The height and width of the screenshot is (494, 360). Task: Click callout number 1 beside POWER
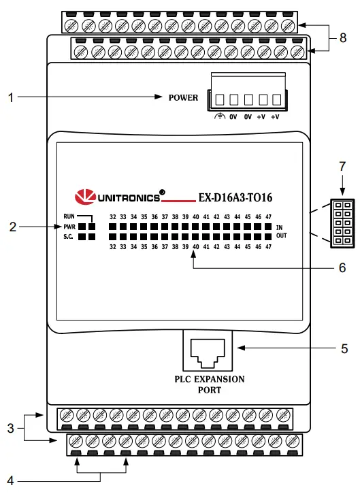pos(10,97)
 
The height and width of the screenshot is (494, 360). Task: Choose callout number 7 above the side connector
pos(342,166)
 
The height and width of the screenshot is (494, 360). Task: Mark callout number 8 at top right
pos(344,38)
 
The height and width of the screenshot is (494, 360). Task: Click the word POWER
pos(183,97)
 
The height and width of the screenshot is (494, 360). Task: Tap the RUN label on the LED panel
pos(63,217)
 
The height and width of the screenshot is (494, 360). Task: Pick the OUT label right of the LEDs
pos(281,236)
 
